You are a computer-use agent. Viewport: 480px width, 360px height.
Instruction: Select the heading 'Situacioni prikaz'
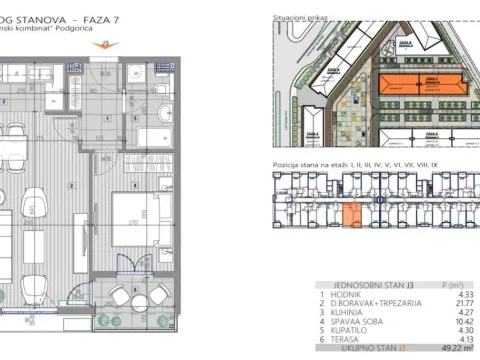[300, 19]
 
